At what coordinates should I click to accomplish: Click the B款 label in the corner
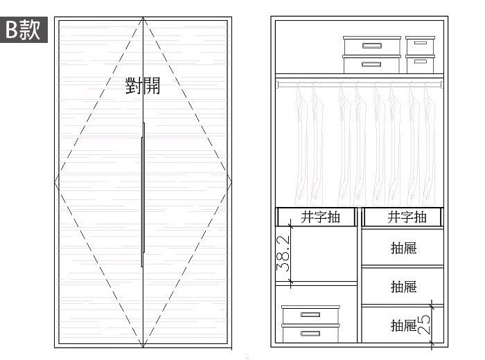(x=24, y=30)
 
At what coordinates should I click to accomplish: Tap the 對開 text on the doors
(x=143, y=87)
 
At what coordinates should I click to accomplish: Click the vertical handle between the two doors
(x=143, y=194)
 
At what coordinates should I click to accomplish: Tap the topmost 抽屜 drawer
(x=403, y=248)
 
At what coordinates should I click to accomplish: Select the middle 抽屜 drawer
(x=403, y=286)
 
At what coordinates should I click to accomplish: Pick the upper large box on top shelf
(x=371, y=46)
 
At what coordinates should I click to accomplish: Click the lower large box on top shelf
(x=371, y=64)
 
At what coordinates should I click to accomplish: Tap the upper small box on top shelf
(x=420, y=45)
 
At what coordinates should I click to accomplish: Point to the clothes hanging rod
(x=359, y=82)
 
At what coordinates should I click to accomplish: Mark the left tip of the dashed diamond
(x=55, y=183)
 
